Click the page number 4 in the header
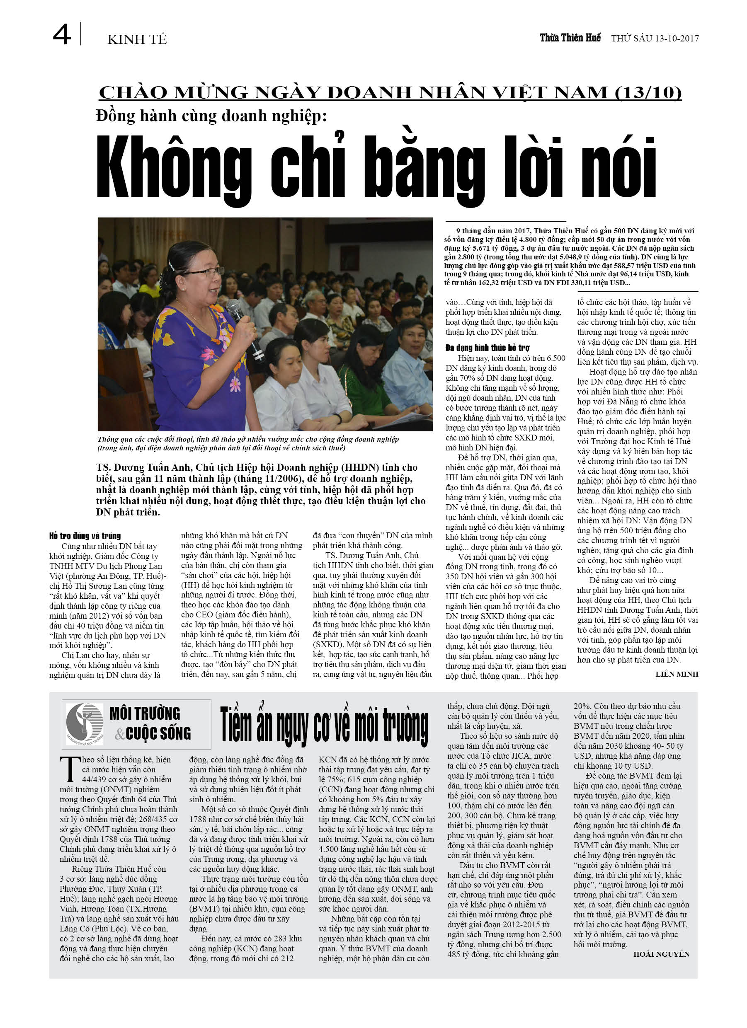[x=62, y=35]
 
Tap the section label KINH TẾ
[x=136, y=40]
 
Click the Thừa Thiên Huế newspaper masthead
[x=570, y=38]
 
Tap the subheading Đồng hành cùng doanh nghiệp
[x=211, y=116]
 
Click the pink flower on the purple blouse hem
[x=235, y=384]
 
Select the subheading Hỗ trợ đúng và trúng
[x=85, y=536]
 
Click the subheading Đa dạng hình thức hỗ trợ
[x=487, y=348]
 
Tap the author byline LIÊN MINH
[x=676, y=674]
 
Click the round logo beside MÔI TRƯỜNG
[x=85, y=724]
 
